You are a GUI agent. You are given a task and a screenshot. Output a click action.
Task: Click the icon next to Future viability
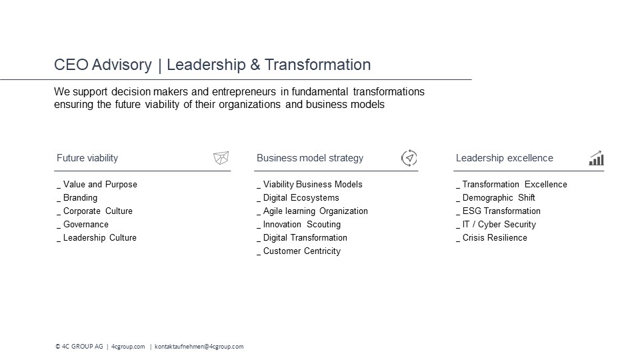[221, 157]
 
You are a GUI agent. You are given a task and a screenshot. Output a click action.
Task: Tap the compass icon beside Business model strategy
[409, 158]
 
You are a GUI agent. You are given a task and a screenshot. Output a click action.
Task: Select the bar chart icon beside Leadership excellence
[596, 158]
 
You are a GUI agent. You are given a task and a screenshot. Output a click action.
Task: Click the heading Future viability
[87, 158]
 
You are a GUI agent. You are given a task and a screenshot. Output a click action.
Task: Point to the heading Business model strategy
[310, 158]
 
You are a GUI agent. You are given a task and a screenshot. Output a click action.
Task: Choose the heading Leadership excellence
[505, 158]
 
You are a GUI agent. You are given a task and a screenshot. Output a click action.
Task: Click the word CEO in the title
[71, 65]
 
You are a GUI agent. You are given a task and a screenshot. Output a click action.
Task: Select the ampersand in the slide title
[255, 65]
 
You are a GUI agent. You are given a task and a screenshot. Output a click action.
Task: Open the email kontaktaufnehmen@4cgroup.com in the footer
[199, 347]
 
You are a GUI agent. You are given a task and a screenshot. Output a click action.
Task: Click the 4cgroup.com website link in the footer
[128, 347]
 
